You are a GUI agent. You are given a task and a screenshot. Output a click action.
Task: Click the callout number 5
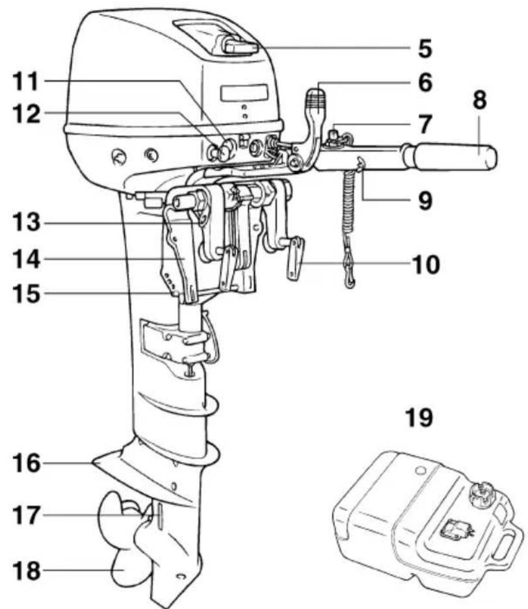(425, 48)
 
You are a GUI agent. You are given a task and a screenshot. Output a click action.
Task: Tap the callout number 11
(25, 81)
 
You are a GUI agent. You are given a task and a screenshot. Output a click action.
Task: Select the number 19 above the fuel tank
(419, 417)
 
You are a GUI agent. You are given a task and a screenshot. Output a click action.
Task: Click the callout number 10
(426, 265)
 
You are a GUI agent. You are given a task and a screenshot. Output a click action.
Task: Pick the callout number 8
(480, 100)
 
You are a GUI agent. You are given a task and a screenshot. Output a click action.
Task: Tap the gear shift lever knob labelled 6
(317, 100)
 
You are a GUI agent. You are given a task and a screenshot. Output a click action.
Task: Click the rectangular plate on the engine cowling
(244, 93)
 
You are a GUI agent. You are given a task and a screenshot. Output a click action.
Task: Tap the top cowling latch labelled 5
(240, 47)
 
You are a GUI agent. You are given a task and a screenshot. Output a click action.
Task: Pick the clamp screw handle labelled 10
(295, 258)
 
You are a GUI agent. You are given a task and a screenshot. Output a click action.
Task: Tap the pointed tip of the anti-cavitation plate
(92, 463)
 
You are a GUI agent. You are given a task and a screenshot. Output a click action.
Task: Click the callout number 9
(425, 200)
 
